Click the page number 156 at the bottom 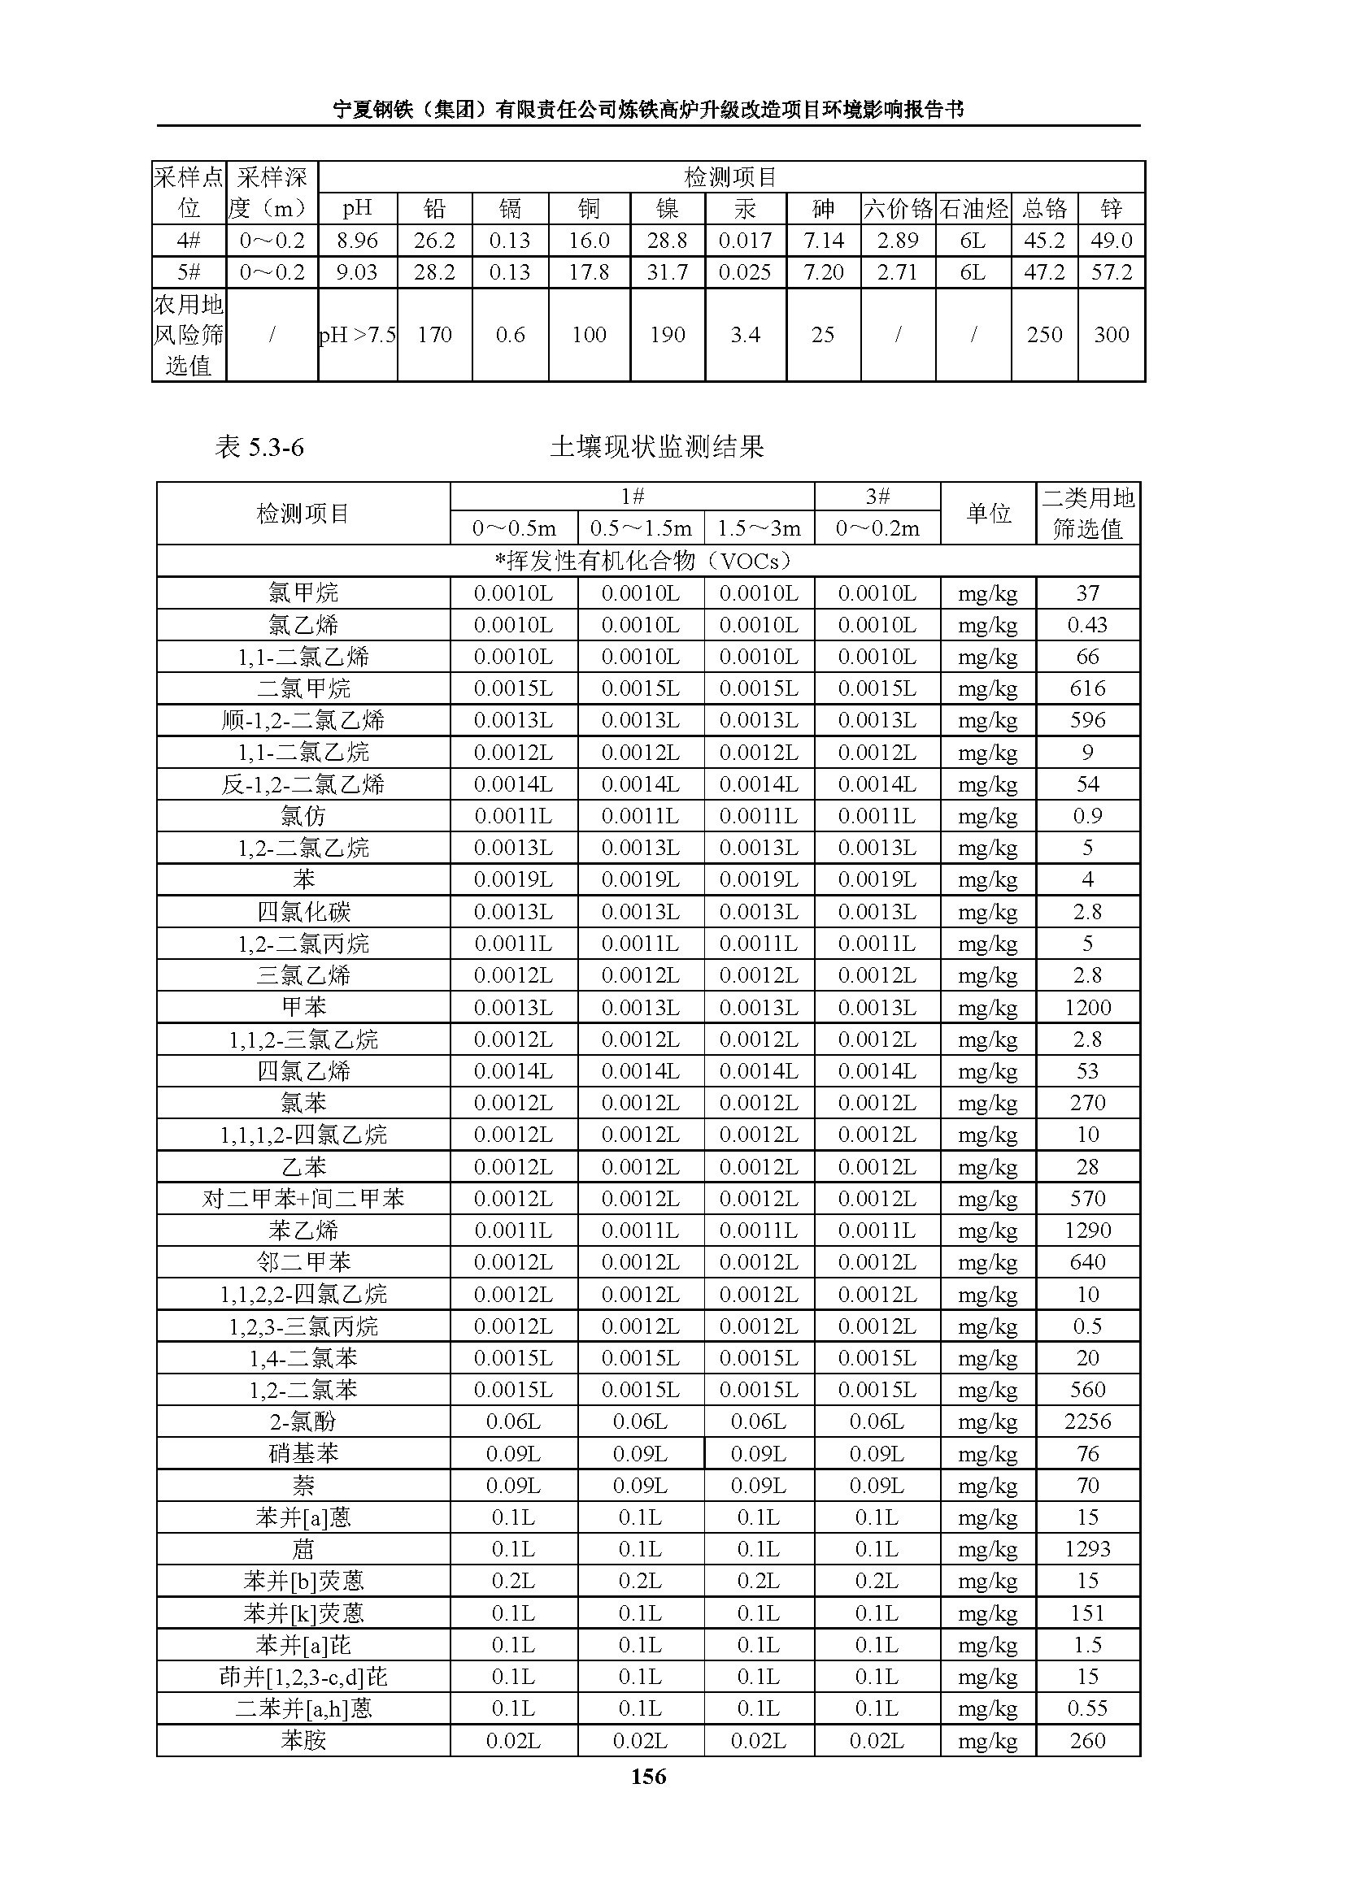[647, 1776]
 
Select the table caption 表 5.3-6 [259, 447]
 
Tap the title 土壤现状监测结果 [657, 447]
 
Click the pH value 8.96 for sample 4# [357, 241]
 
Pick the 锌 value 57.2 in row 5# [1111, 272]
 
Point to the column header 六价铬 [898, 209]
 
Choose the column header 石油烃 [973, 209]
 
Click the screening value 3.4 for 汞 [745, 335]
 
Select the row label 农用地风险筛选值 [189, 335]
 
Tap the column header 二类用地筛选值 [1087, 514]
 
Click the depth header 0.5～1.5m [640, 528]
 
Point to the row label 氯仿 [303, 816]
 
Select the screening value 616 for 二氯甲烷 [1087, 689]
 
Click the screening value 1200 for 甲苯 [1087, 1008]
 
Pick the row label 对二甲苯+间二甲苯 [303, 1199]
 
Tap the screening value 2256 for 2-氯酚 [1087, 1421]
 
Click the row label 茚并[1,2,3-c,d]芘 [303, 1677]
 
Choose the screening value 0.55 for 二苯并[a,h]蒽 [1087, 1708]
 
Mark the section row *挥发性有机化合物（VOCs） [647, 561]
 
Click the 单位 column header [988, 514]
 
